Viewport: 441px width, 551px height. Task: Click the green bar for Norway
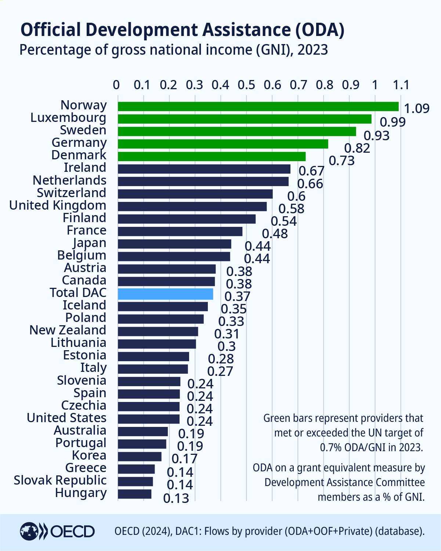[258, 106]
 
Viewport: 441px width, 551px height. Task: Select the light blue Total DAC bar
[165, 294]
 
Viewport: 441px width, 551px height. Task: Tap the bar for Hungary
[134, 494]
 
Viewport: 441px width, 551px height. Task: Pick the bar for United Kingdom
[192, 206]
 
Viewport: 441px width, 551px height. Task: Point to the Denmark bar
[212, 156]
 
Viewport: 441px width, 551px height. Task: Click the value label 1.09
[416, 109]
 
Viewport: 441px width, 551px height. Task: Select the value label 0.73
[341, 161]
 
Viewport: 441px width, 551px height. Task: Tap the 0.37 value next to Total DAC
[237, 296]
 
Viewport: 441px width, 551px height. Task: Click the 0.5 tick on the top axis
[246, 85]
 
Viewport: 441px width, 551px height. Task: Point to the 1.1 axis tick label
[401, 85]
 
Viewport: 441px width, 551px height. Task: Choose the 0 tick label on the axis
[116, 85]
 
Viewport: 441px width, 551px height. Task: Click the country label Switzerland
[71, 193]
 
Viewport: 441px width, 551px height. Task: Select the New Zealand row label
[68, 330]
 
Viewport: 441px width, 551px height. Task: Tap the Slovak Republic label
[60, 480]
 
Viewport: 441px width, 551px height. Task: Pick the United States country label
[66, 418]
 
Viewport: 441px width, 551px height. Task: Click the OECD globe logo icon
[29, 531]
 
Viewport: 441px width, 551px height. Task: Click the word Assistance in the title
[246, 30]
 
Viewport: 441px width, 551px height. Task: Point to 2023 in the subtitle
[312, 50]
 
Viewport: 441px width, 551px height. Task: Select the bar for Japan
[174, 244]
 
